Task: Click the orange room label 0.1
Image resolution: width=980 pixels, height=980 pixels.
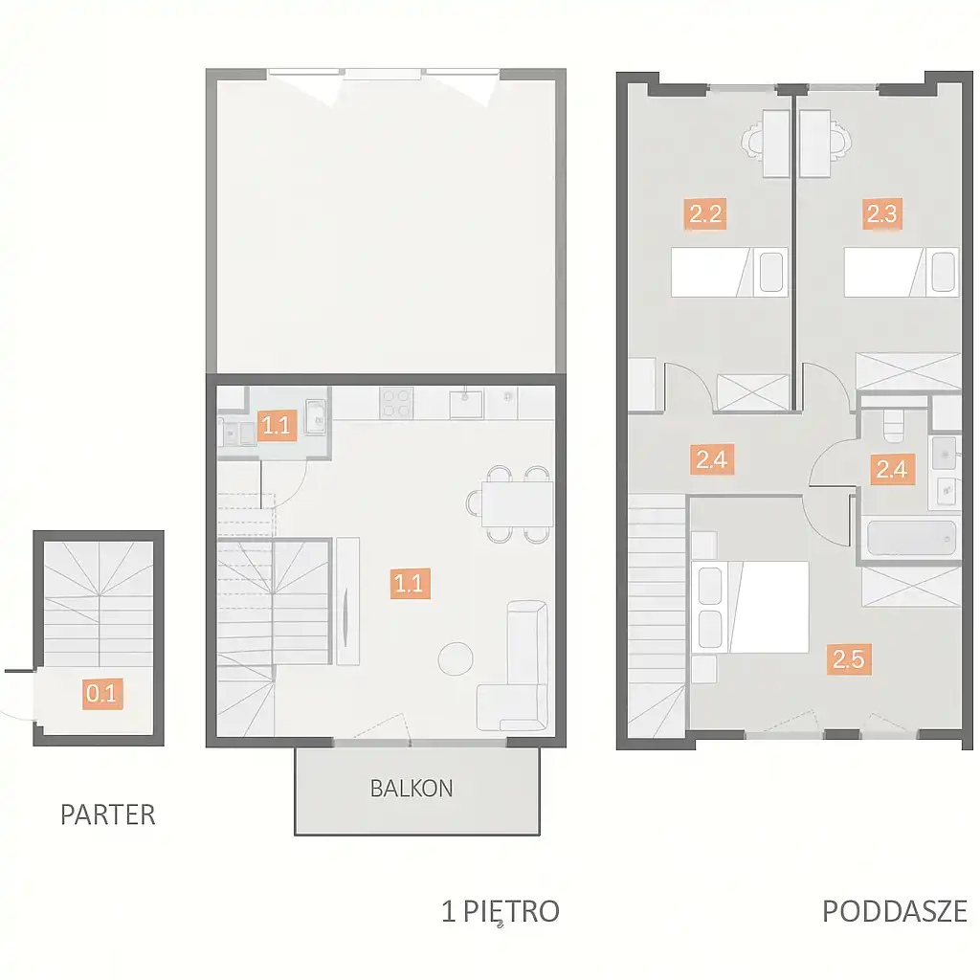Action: click(x=102, y=693)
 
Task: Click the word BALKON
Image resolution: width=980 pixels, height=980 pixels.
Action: click(x=412, y=789)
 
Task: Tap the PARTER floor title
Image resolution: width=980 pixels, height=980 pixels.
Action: click(x=107, y=814)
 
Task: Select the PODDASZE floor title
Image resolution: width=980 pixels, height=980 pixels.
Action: click(x=895, y=911)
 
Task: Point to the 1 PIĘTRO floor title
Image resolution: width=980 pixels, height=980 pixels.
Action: click(x=500, y=912)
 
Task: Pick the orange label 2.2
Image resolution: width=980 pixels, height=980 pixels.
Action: click(x=705, y=214)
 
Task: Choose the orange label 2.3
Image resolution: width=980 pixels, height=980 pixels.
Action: click(x=881, y=213)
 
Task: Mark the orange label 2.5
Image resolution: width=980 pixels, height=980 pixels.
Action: click(x=848, y=659)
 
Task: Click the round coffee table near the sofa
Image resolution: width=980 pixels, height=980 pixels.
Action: click(x=456, y=658)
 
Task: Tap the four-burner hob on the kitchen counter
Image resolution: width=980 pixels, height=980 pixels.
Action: click(x=396, y=403)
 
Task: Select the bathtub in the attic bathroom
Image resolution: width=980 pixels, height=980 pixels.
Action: click(x=911, y=538)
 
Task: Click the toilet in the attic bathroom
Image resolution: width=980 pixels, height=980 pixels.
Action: click(x=895, y=424)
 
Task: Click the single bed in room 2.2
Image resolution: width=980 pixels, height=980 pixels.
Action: click(x=729, y=272)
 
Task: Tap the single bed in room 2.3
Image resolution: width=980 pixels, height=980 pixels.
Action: click(x=902, y=272)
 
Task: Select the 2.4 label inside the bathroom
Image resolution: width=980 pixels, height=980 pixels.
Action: click(x=892, y=469)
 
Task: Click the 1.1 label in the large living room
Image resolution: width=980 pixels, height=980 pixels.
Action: click(x=410, y=583)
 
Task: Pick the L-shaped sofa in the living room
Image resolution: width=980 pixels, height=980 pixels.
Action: click(x=513, y=666)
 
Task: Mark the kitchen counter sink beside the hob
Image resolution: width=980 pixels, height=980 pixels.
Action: click(x=466, y=404)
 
